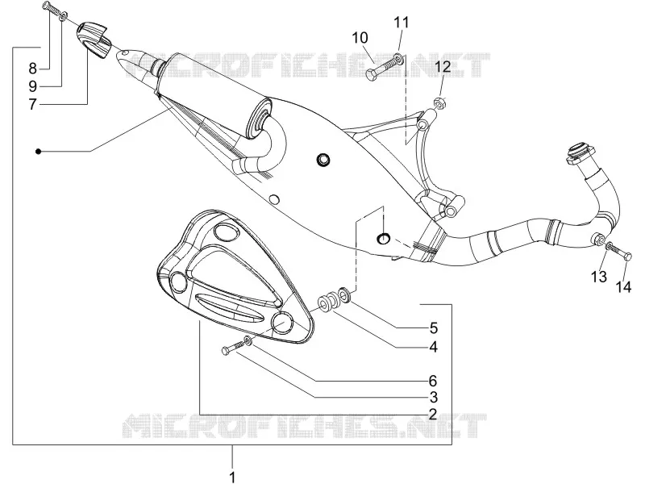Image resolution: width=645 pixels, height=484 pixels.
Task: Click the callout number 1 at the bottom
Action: click(x=232, y=477)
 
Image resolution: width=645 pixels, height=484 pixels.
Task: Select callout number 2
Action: click(x=432, y=414)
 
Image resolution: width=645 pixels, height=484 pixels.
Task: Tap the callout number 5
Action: click(x=434, y=328)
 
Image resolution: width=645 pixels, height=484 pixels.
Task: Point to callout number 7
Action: click(x=33, y=105)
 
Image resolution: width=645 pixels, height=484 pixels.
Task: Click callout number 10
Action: click(x=360, y=38)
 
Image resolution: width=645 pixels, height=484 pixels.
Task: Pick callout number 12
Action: click(x=443, y=67)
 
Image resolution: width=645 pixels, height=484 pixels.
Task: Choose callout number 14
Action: click(x=623, y=287)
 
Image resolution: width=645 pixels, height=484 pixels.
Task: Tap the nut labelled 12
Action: click(x=440, y=102)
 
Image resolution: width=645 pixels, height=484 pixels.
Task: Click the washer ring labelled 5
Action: click(x=344, y=295)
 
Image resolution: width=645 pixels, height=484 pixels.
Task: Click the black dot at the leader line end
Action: click(x=38, y=152)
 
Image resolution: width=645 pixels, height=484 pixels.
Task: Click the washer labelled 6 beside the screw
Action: click(x=248, y=340)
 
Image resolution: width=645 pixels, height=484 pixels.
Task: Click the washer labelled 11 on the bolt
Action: click(x=399, y=58)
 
